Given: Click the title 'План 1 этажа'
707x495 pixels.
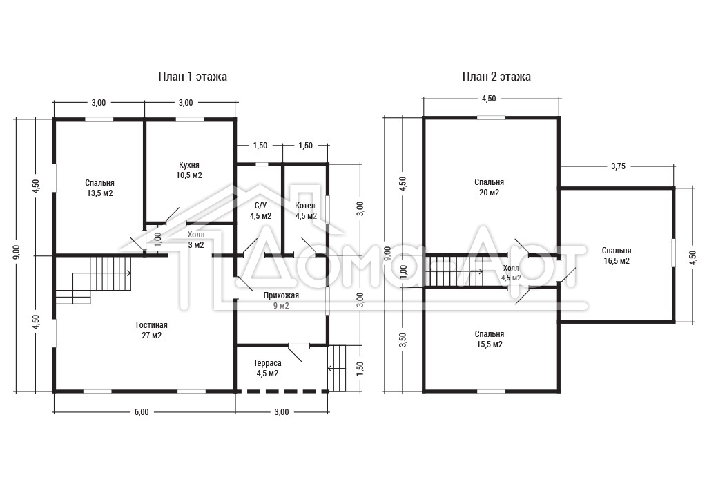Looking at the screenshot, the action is pos(193,77).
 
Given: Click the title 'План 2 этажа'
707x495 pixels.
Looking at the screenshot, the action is pos(496,77).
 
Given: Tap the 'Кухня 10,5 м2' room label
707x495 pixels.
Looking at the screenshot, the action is pos(189,170).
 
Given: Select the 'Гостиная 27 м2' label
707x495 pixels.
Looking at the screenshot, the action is pos(151,330).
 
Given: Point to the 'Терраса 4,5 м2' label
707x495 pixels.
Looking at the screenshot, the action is pos(267,368).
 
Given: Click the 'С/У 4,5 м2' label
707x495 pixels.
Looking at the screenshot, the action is pos(260,211).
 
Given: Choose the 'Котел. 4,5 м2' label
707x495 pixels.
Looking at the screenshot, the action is pos(306,211).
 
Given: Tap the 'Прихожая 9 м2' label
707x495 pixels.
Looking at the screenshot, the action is pos(282,300).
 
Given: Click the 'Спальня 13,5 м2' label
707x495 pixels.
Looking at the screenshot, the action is pos(99,188).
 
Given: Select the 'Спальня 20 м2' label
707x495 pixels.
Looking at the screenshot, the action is pos(490,187).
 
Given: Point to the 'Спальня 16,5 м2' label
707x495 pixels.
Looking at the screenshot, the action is pos(617,255).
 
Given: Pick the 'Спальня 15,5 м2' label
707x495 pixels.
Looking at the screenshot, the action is pos(490,339).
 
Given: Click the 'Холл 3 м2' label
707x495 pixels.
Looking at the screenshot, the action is pos(195,240).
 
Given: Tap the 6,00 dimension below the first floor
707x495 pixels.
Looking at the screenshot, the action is pos(141,412).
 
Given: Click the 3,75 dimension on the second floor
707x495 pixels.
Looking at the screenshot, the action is pos(618,166).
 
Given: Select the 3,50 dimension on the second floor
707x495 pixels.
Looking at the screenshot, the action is pos(403,340).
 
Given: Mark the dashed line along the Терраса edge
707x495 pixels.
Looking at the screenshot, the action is pos(282,391).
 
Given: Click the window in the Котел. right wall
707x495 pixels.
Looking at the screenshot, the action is pos(328,208).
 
